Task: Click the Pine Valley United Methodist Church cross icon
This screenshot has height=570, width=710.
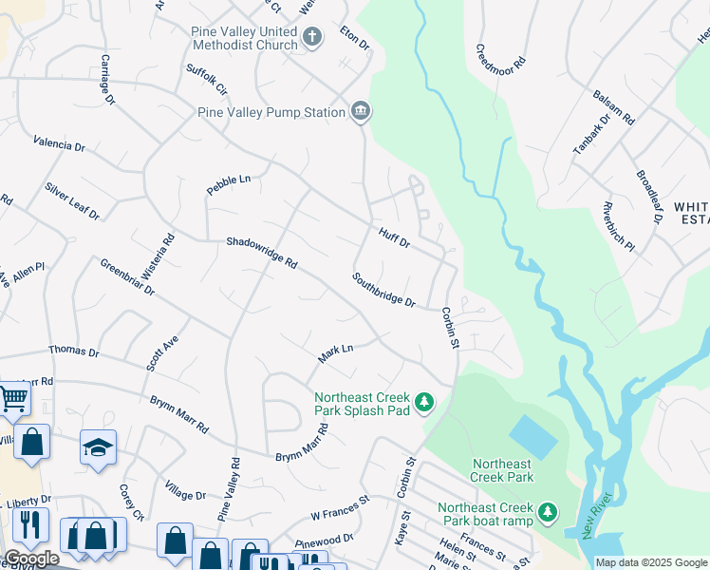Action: pos(312,37)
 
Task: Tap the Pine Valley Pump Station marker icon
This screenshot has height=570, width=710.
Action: pos(360,112)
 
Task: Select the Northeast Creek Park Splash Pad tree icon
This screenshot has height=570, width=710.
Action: pos(425,403)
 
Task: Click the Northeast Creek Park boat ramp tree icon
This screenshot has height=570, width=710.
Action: pos(547,513)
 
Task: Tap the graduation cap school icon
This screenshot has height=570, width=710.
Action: pos(99,446)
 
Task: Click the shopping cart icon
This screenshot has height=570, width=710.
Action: pos(12,398)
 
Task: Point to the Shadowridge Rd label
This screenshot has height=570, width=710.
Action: pos(262,252)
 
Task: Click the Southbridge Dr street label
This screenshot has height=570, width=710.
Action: pos(383,290)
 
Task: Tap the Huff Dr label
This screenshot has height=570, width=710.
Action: pos(394,237)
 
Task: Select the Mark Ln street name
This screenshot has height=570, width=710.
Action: pos(335,353)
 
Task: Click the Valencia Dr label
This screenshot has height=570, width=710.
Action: pos(59,145)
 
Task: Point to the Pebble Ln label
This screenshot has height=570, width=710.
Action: pos(229,184)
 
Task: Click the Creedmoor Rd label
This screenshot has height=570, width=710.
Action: pos(500,63)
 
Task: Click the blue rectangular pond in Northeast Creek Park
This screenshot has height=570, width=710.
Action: pos(533,438)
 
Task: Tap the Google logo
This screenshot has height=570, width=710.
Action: pos(31,559)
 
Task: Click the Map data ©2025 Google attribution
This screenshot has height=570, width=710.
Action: pos(651,562)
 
